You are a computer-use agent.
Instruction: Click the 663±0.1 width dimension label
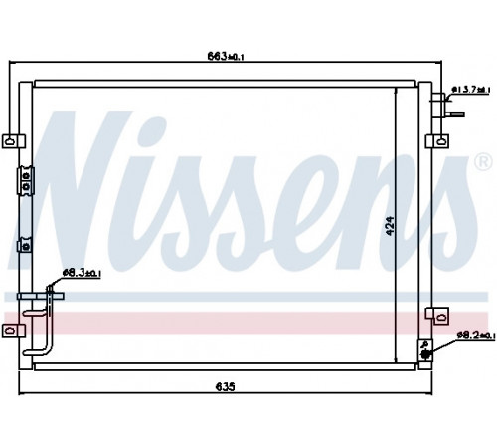(x=226, y=56)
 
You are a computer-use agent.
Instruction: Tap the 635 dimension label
(x=226, y=386)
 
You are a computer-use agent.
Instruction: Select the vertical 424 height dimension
(x=391, y=226)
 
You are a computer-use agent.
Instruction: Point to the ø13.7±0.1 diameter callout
(x=471, y=90)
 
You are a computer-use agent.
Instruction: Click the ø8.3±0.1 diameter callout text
(x=82, y=273)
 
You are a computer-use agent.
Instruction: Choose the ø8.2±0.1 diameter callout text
(x=476, y=336)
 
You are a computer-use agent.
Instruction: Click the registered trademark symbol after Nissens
(x=483, y=162)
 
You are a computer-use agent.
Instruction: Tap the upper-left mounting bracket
(x=14, y=141)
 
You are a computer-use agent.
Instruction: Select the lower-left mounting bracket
(x=14, y=331)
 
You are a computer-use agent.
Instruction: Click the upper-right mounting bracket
(x=437, y=141)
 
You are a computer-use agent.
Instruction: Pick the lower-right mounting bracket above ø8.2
(x=437, y=316)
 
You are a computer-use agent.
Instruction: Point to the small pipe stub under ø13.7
(x=455, y=114)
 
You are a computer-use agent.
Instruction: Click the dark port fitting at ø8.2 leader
(x=426, y=355)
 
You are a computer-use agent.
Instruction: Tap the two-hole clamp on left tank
(x=26, y=181)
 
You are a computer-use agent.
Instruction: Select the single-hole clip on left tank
(x=25, y=245)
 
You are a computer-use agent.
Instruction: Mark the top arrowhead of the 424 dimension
(x=396, y=91)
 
